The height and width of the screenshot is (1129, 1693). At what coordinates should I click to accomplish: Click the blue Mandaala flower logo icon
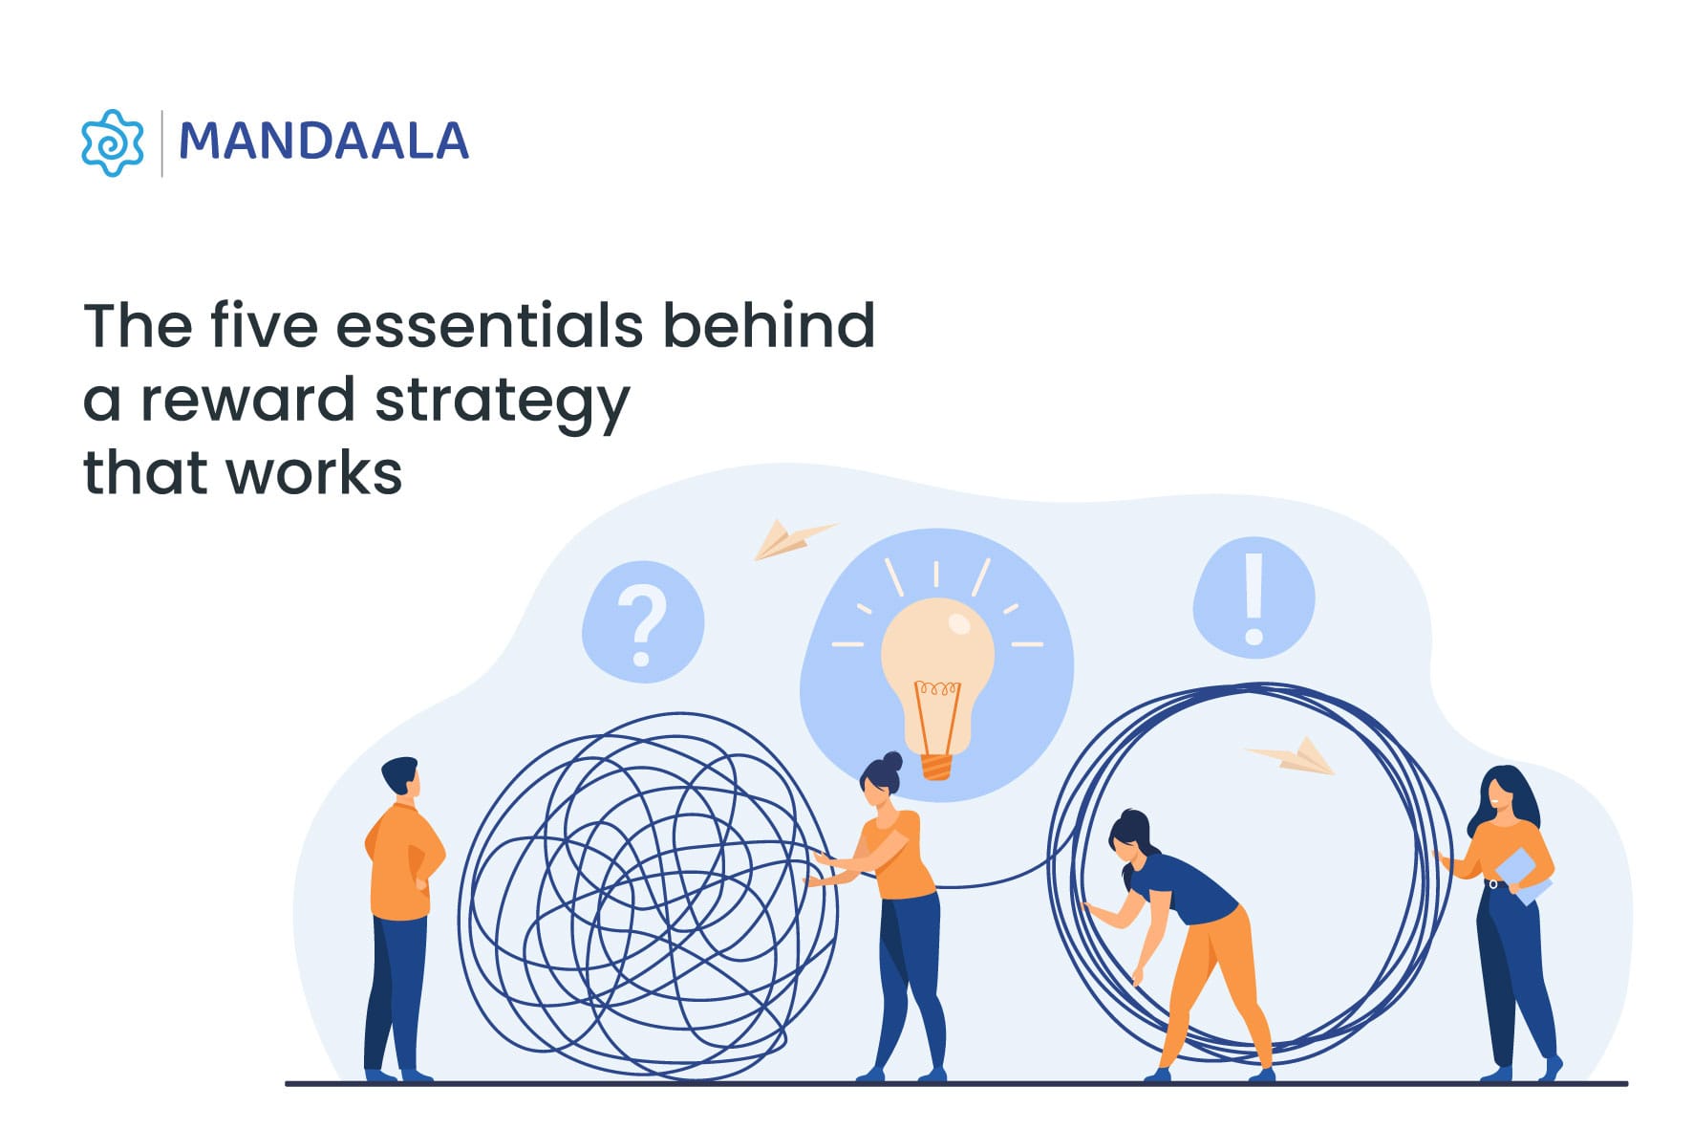coord(113,142)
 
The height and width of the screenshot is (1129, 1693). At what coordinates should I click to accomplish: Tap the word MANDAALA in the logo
coord(323,141)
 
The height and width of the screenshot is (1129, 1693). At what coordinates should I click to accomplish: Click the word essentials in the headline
coord(489,326)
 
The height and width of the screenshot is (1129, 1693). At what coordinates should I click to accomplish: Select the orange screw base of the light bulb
coord(936,765)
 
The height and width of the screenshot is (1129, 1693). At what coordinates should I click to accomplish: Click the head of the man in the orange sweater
coord(401,776)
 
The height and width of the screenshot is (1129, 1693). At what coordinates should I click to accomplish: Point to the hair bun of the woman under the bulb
coord(892,762)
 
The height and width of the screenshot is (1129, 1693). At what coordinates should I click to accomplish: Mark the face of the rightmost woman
coord(1498,795)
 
